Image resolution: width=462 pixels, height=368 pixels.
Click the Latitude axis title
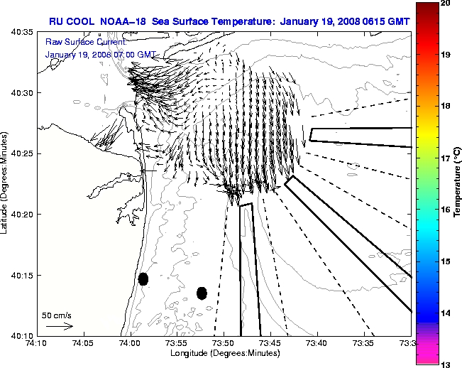[5, 183]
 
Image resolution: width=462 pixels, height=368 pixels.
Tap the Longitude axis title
[224, 353]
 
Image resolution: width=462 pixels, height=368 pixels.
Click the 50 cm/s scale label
[56, 315]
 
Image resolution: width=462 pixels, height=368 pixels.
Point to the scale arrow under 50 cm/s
[59, 326]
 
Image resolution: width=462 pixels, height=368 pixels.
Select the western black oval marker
[143, 278]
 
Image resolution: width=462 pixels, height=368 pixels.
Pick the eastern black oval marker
[202, 293]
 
